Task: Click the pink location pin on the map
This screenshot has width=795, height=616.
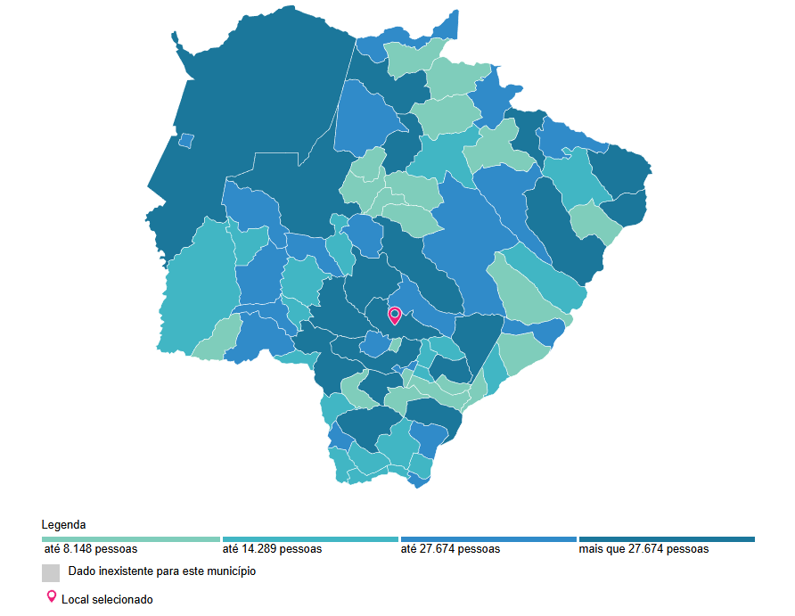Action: [x=395, y=315]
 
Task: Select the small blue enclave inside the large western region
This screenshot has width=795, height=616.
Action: [x=186, y=140]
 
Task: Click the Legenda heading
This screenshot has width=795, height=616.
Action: [x=63, y=524]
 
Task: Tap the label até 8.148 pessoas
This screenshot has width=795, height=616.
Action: [x=90, y=549]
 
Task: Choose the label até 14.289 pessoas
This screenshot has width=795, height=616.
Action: [x=272, y=549]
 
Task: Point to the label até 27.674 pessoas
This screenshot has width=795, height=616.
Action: [x=450, y=549]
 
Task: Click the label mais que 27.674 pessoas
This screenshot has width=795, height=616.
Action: [x=643, y=549]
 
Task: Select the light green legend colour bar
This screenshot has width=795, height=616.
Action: [x=130, y=539]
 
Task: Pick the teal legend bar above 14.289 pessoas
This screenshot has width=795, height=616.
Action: [x=309, y=539]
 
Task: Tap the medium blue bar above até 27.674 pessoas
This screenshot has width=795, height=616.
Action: [x=488, y=539]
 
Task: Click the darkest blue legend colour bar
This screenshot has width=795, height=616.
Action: [x=667, y=539]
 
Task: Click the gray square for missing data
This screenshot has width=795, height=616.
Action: [x=51, y=572]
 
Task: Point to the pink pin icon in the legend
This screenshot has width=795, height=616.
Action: [x=51, y=596]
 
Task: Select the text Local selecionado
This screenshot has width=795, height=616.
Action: [x=107, y=600]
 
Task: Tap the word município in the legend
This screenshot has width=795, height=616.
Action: [x=229, y=571]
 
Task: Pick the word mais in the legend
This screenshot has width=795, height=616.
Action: [x=591, y=549]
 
